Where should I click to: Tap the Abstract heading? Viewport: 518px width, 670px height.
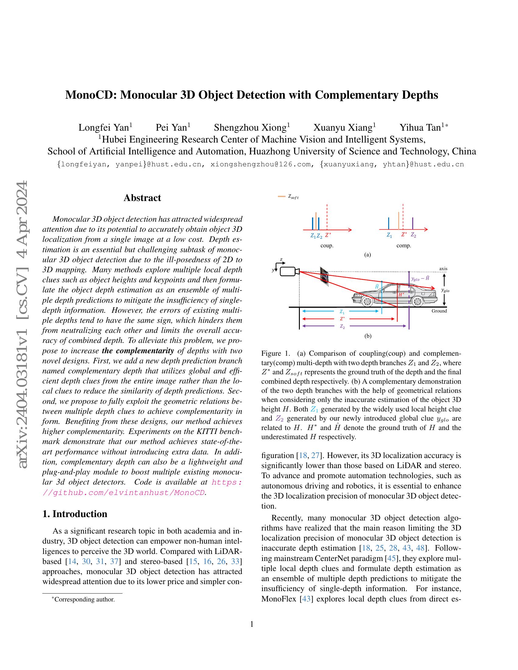pyautogui.click(x=142, y=198)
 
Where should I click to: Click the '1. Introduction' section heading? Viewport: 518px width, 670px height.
pyautogui.click(x=75, y=514)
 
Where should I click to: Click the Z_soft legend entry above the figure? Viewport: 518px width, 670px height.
pyautogui.click(x=289, y=197)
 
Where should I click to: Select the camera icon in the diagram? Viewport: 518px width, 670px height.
pyautogui.click(x=289, y=271)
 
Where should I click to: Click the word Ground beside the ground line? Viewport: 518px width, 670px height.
pyautogui.click(x=439, y=311)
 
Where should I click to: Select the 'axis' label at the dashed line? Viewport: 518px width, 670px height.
pyautogui.click(x=443, y=269)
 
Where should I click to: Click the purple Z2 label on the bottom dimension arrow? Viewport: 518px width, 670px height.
pyautogui.click(x=342, y=327)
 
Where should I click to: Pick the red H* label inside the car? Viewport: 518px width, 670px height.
pyautogui.click(x=401, y=294)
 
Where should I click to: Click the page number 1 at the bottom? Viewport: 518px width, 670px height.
pyautogui.click(x=252, y=624)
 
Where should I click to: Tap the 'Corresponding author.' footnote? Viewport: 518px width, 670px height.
pyautogui.click(x=84, y=599)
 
